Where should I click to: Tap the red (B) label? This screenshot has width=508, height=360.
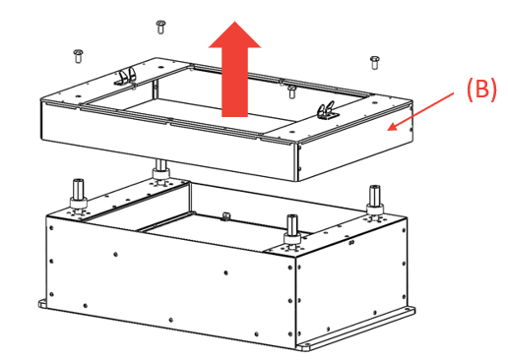[x=481, y=90]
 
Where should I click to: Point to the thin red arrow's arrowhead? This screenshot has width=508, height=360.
[x=392, y=126]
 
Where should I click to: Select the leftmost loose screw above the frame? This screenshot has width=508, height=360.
[x=78, y=56]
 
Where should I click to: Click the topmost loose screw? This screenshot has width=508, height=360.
[x=160, y=28]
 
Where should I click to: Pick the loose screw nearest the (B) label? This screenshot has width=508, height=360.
[x=375, y=63]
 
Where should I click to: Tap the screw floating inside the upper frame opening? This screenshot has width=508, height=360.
[x=291, y=91]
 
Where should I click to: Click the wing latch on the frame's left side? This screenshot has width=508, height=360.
[x=127, y=77]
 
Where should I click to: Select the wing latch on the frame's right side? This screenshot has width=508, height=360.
[x=326, y=110]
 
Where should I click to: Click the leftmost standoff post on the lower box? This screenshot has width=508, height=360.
[x=79, y=194]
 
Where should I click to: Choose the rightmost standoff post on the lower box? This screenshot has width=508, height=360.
[x=375, y=200]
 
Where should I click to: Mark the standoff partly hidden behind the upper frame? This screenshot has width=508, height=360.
[x=160, y=169]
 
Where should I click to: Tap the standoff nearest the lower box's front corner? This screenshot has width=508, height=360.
[x=292, y=229]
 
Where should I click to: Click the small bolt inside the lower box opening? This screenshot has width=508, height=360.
[x=225, y=216]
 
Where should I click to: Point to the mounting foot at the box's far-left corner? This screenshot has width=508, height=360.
[x=42, y=303]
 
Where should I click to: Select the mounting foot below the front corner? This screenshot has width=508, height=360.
[x=305, y=346]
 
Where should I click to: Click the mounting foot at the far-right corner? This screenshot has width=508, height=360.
[x=410, y=310]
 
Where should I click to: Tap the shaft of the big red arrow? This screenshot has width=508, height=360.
[x=234, y=83]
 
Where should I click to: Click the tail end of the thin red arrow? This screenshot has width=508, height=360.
[x=454, y=93]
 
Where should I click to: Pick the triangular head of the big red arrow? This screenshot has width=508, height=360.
[x=234, y=36]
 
